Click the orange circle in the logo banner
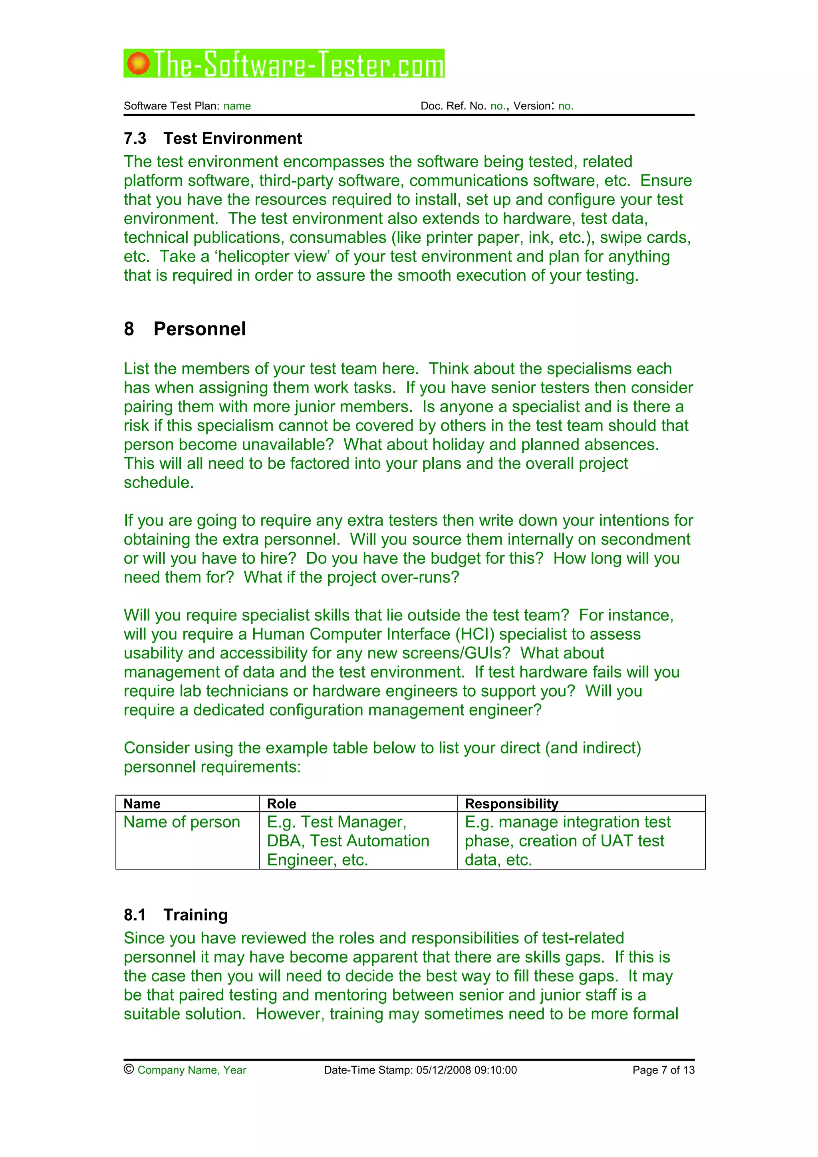click(138, 63)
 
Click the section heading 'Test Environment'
click(232, 138)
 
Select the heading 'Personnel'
click(200, 329)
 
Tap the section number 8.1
click(135, 914)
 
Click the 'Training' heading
click(196, 914)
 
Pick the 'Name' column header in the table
click(142, 803)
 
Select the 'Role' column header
click(281, 803)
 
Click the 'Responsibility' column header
click(511, 803)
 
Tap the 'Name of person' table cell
click(181, 822)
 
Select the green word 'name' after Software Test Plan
click(237, 106)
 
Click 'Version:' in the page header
click(533, 106)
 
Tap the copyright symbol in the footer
click(129, 1069)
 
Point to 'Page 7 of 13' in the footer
click(663, 1070)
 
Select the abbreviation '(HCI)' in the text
click(474, 634)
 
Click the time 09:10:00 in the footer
click(495, 1070)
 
